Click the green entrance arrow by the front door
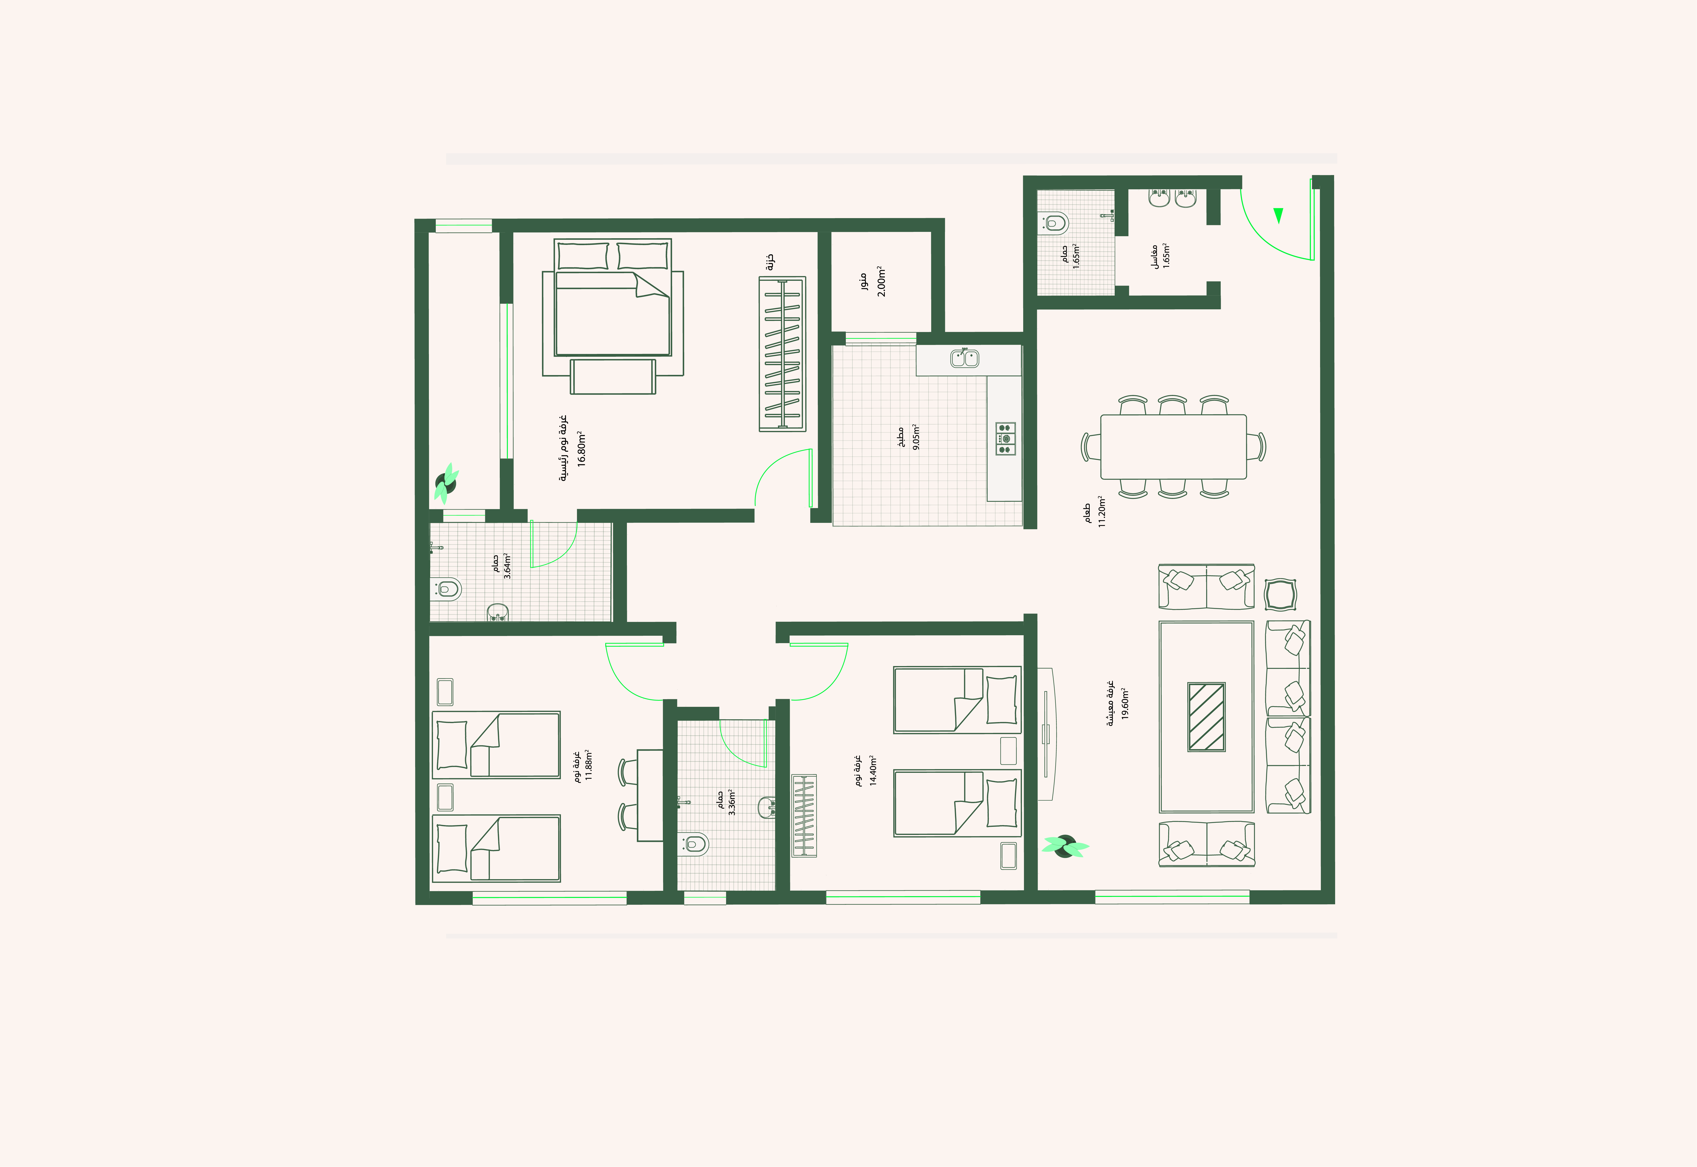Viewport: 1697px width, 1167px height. point(1278,215)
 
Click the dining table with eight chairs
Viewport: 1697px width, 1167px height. point(1174,447)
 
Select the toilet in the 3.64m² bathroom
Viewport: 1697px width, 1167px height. point(448,589)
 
